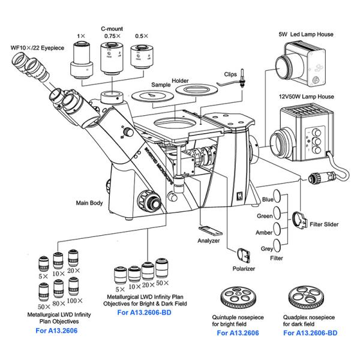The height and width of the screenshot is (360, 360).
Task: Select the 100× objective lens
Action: tap(74, 290)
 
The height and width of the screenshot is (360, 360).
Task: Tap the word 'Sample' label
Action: tap(161, 85)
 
